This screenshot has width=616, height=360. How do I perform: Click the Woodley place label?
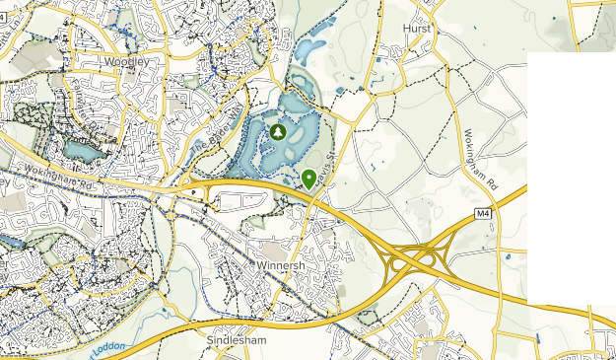click(127, 61)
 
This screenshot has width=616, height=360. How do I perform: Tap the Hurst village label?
click(418, 30)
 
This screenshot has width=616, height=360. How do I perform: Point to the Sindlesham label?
click(232, 338)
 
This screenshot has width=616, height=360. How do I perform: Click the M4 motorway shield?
click(482, 213)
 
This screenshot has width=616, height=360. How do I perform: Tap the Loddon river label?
click(105, 348)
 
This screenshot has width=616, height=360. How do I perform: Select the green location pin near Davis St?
click(308, 178)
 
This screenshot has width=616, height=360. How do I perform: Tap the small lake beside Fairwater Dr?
click(80, 150)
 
